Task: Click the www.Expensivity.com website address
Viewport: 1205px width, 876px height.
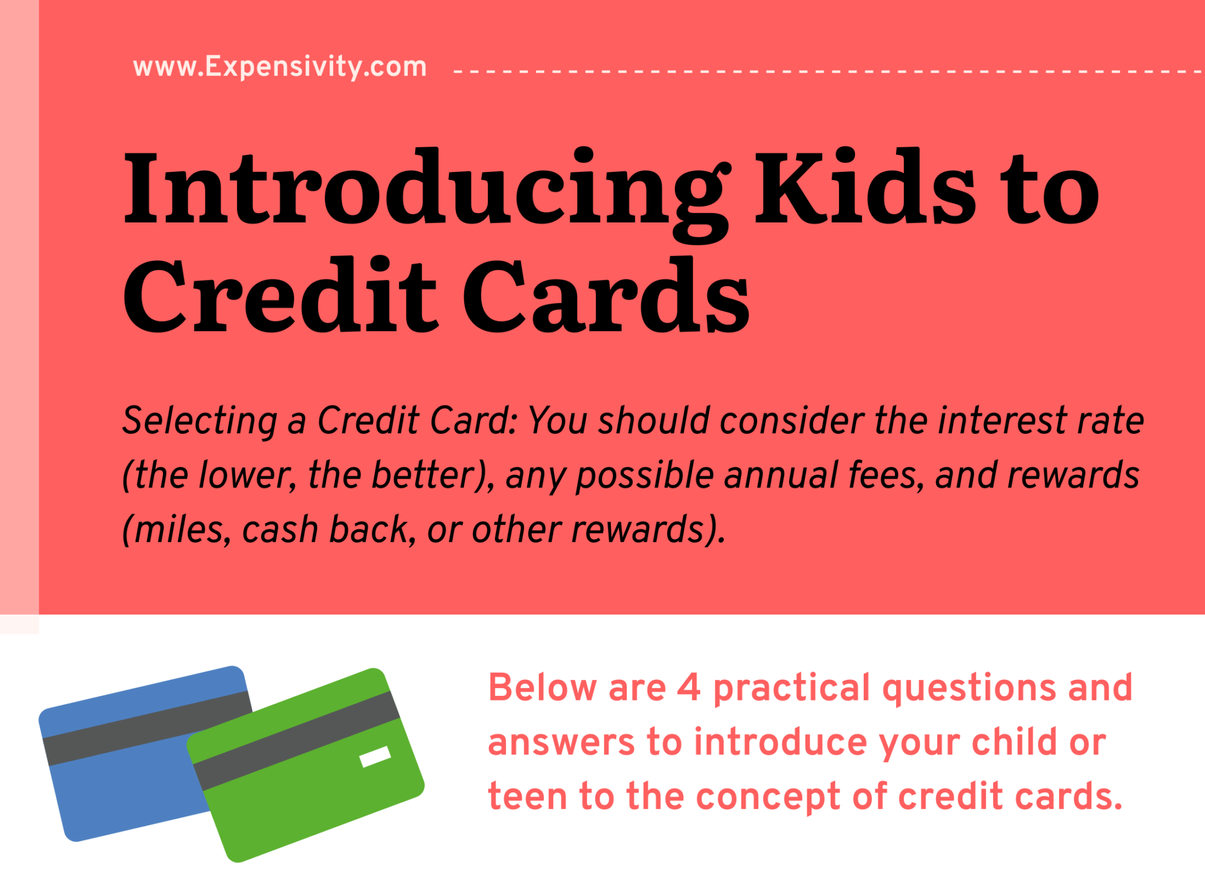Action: (280, 67)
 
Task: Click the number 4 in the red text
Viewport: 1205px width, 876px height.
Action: (688, 687)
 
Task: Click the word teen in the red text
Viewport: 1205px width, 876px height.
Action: (527, 796)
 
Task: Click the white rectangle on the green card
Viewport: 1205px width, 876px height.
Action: (375, 756)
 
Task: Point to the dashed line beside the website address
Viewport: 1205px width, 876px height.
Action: (824, 72)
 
